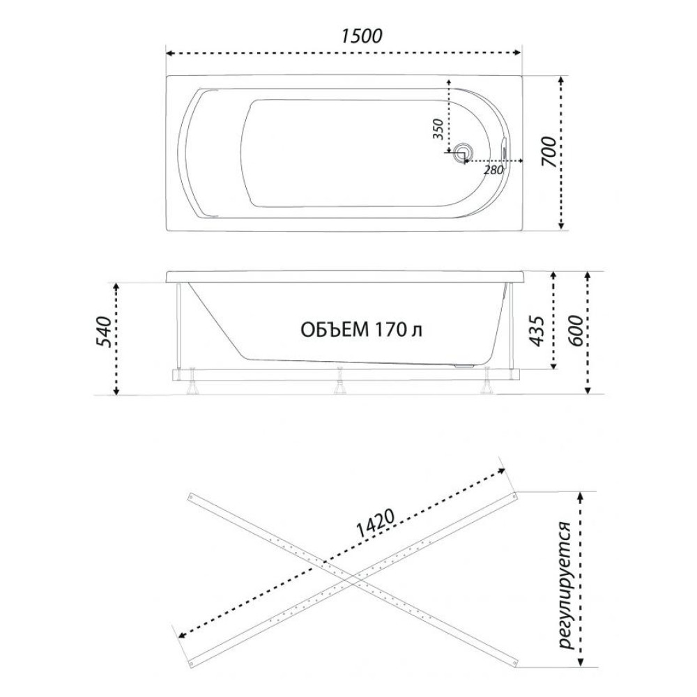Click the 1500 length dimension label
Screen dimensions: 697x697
pos(362,36)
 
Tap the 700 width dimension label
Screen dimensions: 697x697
pos(549,152)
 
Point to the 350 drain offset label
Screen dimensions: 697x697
pos(438,130)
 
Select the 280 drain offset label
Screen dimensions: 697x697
pos(493,170)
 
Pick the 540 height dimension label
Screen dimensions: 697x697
pos(104,332)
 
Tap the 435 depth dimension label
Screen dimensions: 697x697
pos(537,331)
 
